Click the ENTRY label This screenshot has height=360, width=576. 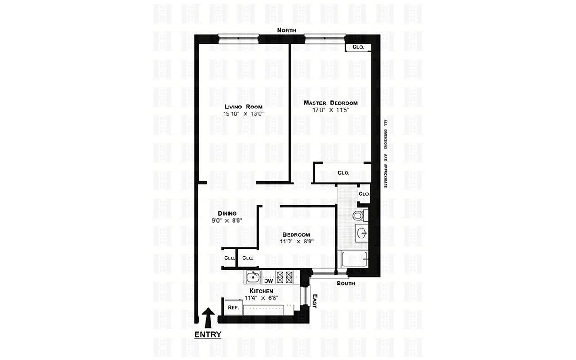208,334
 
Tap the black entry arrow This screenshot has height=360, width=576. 208,316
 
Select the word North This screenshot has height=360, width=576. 286,30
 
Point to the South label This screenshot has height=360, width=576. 346,283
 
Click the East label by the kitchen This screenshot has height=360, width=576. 314,301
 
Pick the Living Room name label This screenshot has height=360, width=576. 243,107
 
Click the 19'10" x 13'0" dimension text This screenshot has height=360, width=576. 243,114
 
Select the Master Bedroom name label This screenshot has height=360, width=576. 330,103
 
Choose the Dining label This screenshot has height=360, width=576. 227,213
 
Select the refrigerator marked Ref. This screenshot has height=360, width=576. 233,307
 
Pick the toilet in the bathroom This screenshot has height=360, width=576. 358,216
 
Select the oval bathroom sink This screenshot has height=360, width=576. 362,233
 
